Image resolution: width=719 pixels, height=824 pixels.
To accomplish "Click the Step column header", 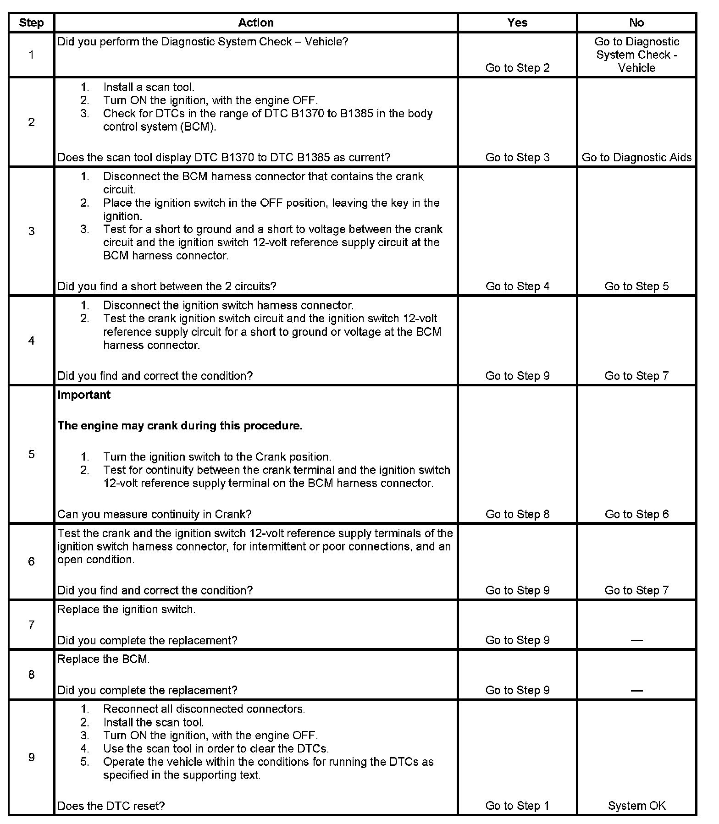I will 31,23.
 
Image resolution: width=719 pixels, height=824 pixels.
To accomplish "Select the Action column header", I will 256,23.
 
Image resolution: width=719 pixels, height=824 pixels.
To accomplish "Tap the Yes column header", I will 517,23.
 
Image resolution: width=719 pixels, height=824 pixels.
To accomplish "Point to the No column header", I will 636,23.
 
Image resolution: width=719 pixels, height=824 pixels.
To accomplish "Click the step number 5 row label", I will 31,454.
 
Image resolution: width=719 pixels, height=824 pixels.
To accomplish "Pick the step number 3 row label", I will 31,231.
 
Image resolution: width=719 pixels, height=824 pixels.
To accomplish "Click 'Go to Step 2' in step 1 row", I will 517,68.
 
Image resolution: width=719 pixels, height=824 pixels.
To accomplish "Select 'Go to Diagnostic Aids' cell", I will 636,157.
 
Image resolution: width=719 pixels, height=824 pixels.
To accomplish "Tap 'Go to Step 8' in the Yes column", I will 517,514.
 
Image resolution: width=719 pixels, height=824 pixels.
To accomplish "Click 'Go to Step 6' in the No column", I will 636,514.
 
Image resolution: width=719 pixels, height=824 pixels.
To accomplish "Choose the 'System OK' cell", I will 636,806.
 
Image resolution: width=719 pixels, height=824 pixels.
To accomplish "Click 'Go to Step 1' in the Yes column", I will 517,806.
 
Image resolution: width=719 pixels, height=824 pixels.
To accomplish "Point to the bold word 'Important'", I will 84,395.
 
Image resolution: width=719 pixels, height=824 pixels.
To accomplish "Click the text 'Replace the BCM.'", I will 104,659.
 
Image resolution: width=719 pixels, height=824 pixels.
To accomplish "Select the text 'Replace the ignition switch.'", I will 127,610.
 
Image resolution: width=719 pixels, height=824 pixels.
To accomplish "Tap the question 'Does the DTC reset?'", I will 111,806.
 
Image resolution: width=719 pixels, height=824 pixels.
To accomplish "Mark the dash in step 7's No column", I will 636,641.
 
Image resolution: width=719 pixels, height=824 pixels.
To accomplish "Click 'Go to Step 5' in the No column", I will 636,286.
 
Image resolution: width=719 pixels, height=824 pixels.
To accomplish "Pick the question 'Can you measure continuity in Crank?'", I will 155,514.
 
